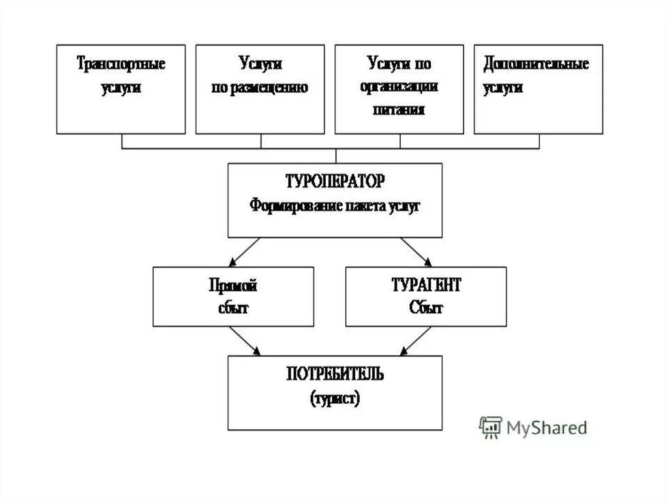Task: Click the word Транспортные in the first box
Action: (121, 65)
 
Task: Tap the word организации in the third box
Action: (399, 87)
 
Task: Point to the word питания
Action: (399, 110)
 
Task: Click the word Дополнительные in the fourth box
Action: (536, 65)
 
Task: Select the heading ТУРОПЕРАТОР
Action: (335, 181)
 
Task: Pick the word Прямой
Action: (233, 286)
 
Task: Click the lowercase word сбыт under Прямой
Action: (234, 308)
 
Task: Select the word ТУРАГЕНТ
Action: (425, 286)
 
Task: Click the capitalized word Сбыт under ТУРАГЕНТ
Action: (426, 308)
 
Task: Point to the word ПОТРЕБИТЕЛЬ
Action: (335, 375)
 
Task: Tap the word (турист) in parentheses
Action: (335, 398)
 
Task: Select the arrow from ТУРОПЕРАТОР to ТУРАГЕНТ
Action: (416, 251)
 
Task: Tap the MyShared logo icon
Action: (490, 427)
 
